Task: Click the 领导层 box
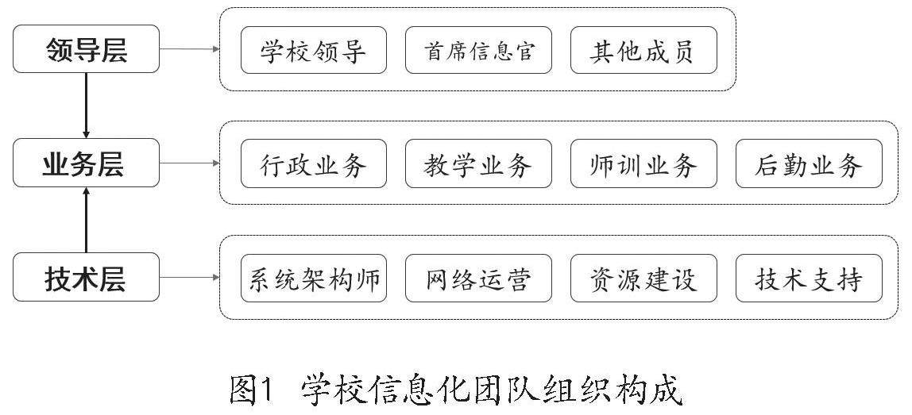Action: click(86, 49)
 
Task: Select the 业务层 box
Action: click(86, 163)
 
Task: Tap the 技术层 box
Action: click(86, 277)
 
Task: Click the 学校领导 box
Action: click(314, 50)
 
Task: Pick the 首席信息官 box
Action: click(478, 50)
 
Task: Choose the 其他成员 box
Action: click(643, 50)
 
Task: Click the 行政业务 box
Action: click(314, 164)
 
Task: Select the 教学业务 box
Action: click(478, 164)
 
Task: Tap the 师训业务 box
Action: click(643, 164)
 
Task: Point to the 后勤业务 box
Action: click(809, 164)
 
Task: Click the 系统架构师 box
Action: click(314, 278)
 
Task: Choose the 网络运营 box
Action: click(478, 278)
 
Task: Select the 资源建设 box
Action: click(643, 278)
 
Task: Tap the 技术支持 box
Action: click(809, 278)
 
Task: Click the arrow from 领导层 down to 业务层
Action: click(86, 106)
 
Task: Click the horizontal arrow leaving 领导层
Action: click(189, 49)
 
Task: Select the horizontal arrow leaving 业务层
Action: click(189, 163)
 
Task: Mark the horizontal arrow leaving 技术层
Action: click(189, 277)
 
